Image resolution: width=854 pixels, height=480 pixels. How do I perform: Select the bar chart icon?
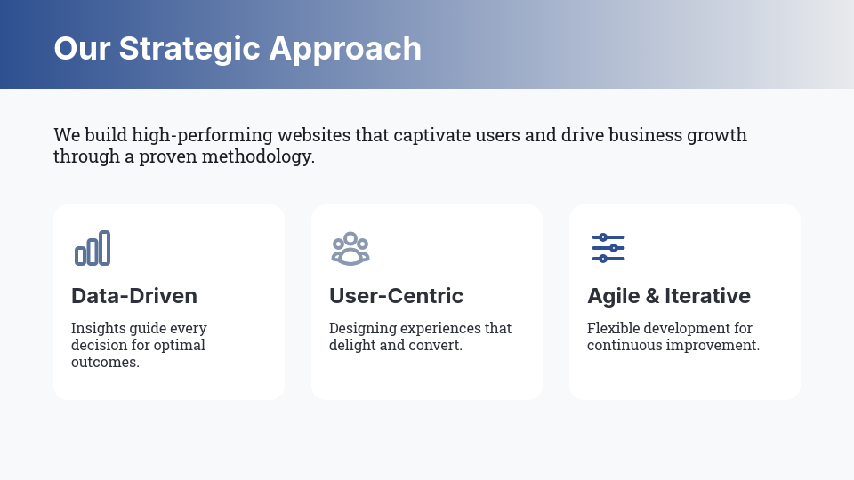click(x=93, y=248)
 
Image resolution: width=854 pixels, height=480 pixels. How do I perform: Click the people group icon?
click(x=350, y=248)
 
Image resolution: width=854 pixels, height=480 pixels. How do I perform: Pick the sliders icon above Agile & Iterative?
click(x=608, y=248)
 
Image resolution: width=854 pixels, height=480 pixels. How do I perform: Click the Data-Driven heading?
click(x=134, y=296)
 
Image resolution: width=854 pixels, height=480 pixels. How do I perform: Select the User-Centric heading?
click(x=396, y=296)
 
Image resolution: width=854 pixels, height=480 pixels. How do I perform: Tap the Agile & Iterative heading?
click(x=668, y=296)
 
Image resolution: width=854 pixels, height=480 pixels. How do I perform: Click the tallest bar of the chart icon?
click(x=105, y=248)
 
